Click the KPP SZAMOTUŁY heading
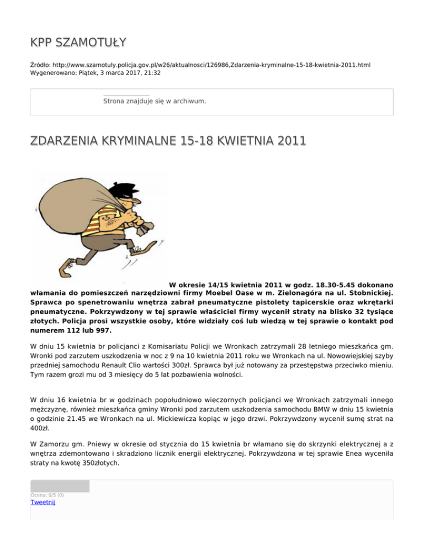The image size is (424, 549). point(78,42)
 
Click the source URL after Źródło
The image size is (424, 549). point(209,65)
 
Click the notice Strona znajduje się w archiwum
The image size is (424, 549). point(155,101)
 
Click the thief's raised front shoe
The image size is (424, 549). point(152,241)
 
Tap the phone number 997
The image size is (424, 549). point(102,331)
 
